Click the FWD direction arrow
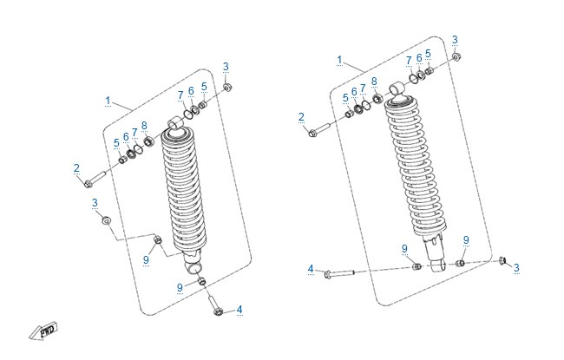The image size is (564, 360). tap(43, 331)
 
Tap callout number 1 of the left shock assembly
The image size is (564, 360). tap(108, 101)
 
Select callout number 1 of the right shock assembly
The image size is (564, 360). tap(339, 60)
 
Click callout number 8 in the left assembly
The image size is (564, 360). tap(144, 126)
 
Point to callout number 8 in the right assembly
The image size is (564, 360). tap(375, 82)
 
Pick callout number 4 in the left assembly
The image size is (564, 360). tap(239, 310)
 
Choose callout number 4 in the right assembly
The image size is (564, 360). tap(311, 269)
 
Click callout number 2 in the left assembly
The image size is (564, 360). tap(76, 168)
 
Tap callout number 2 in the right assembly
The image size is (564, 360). tap(301, 117)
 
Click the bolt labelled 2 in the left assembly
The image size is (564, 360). tap(95, 179)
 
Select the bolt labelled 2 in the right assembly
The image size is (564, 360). tap(319, 130)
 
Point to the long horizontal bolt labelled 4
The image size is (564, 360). tap(339, 274)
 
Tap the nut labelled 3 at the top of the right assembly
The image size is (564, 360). tap(456, 57)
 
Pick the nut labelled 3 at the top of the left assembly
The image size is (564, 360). tap(227, 88)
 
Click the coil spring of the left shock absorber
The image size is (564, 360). tap(184, 191)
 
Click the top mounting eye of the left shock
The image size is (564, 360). tap(176, 122)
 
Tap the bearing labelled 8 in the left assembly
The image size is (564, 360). tap(148, 141)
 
